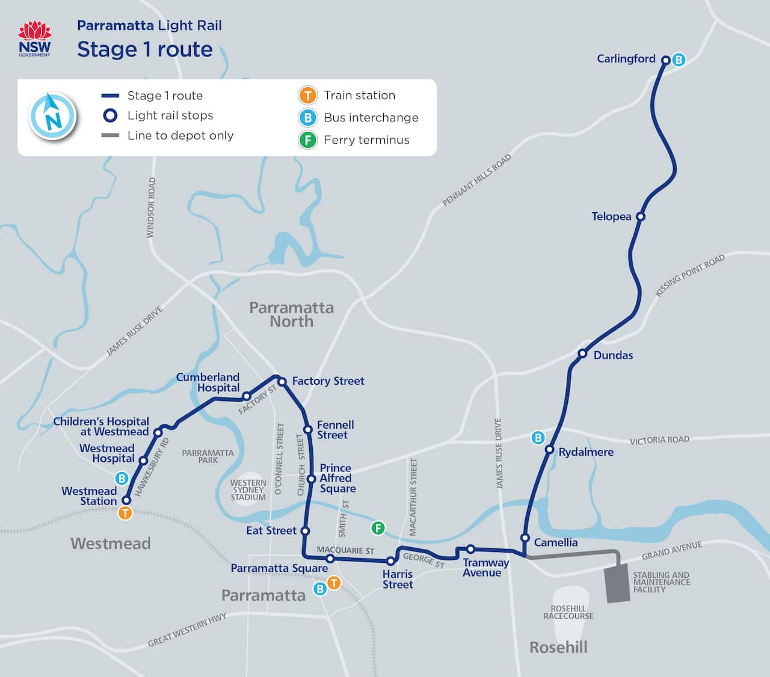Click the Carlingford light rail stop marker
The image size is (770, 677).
pos(665,60)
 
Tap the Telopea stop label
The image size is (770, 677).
pos(611,216)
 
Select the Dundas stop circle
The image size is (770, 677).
pos(582,354)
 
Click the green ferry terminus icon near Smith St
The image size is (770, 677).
pos(378,528)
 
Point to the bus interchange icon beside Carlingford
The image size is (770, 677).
pos(679,60)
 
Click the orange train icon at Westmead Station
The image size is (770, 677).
pos(125,513)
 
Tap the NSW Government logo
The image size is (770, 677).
pos(35,38)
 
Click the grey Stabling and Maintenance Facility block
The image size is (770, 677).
pos(617,583)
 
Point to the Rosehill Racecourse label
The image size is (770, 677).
pos(568,612)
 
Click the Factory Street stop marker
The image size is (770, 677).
pos(282,382)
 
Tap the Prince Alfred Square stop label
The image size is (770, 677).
pos(337,478)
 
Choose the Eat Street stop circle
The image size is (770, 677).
pos(305,531)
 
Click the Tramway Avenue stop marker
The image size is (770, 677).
pos(470,549)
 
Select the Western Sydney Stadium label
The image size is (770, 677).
pos(248,490)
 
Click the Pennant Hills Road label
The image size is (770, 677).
pos(476,180)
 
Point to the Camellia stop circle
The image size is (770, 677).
pos(525,538)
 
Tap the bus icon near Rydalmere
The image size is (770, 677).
pos(538,438)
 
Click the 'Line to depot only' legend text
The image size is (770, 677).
pos(180,135)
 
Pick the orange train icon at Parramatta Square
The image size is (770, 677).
pos(333,583)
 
